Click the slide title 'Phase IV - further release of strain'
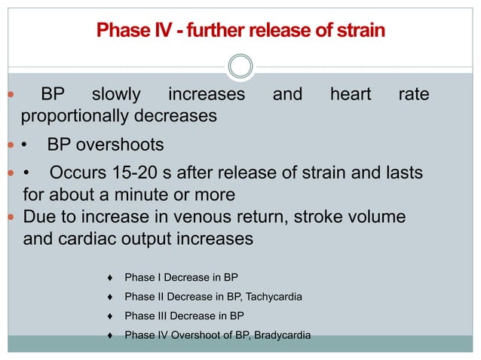[240, 31]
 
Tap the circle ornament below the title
[240, 66]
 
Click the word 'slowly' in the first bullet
[116, 95]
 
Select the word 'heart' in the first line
[351, 95]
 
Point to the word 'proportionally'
[74, 117]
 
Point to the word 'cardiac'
[93, 239]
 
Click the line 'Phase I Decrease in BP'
[181, 278]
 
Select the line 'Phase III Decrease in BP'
[184, 316]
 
